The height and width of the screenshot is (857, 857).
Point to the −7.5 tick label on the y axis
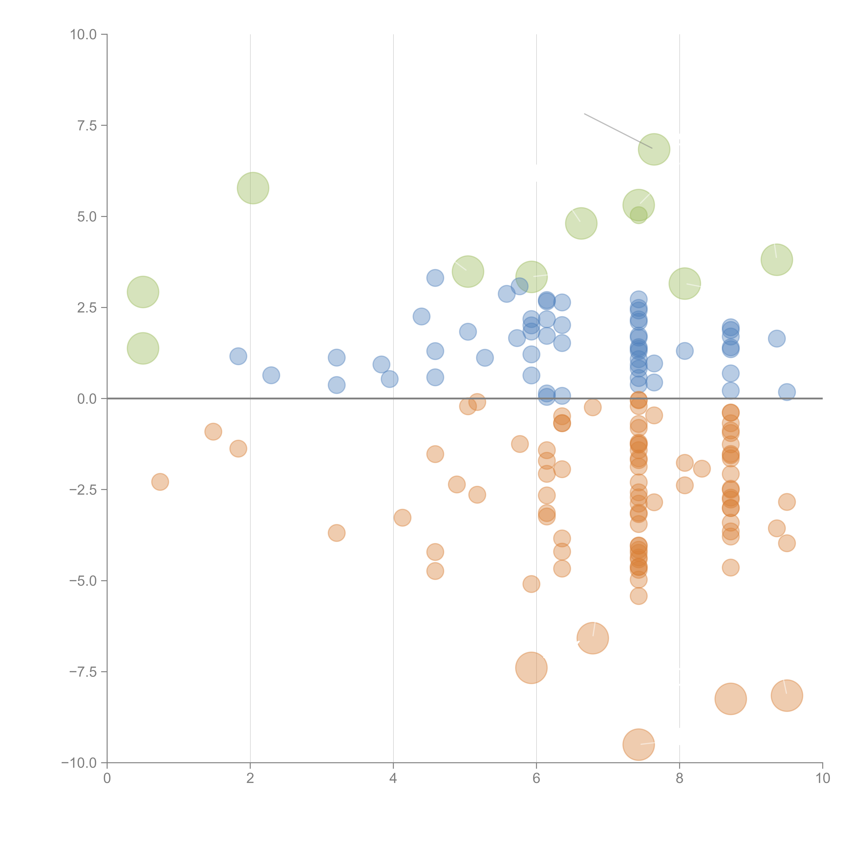pyautogui.click(x=83, y=672)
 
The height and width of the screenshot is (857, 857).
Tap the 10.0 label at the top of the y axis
pyautogui.click(x=83, y=35)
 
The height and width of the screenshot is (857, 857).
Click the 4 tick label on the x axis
pyautogui.click(x=393, y=778)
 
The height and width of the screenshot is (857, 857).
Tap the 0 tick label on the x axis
pyautogui.click(x=107, y=778)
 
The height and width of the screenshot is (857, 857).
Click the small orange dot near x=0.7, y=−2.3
pyautogui.click(x=160, y=482)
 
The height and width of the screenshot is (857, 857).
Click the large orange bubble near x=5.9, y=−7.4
pyautogui.click(x=531, y=668)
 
